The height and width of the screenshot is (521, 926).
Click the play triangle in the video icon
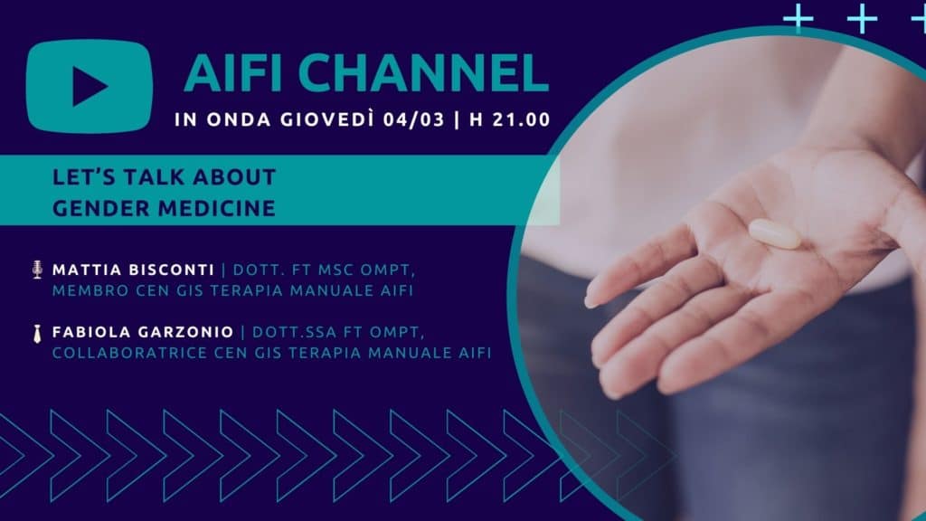click(89, 86)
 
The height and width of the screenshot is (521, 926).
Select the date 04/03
click(413, 119)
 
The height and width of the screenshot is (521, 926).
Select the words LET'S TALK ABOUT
click(165, 177)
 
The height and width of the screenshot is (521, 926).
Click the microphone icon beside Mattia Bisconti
click(38, 270)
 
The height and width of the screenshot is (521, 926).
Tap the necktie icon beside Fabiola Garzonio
click(38, 333)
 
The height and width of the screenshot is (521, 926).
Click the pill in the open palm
click(774, 234)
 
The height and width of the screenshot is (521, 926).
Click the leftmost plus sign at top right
click(798, 18)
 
